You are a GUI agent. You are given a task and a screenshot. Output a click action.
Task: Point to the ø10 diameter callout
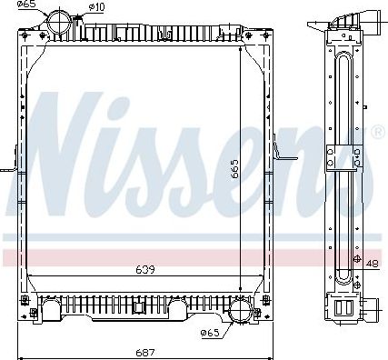pos(98,8)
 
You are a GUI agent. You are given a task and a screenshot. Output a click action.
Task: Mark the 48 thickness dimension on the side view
pos(373,265)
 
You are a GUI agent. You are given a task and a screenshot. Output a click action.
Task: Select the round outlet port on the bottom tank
pos(241,310)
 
